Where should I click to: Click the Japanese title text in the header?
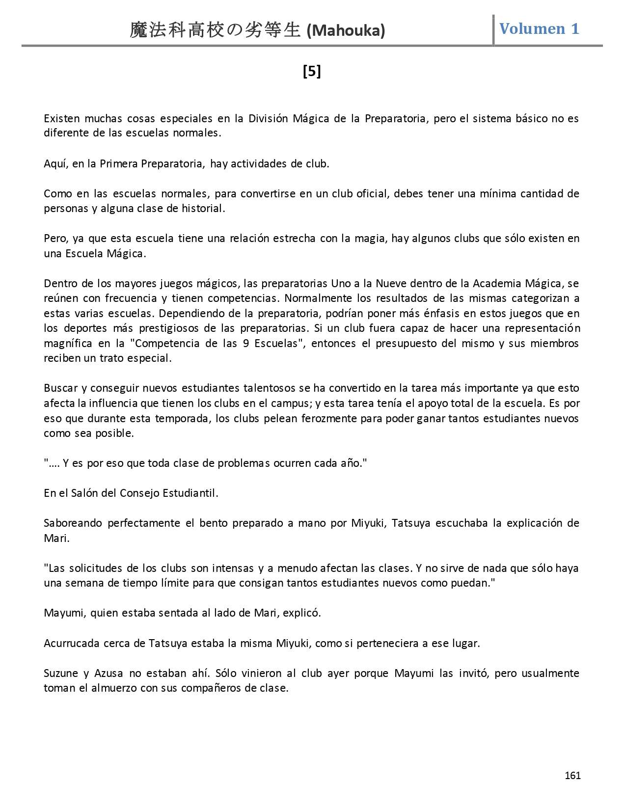pos(215,30)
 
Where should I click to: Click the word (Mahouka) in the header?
pos(346,31)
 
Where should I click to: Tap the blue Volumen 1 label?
pos(539,28)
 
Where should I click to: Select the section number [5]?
pos(312,72)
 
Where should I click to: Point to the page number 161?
pos(572,775)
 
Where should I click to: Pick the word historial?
pos(203,208)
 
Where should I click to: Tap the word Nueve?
pos(391,283)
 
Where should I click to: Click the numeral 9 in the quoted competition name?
pos(246,343)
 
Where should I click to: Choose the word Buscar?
pos(60,388)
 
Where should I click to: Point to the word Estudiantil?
pos(192,493)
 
